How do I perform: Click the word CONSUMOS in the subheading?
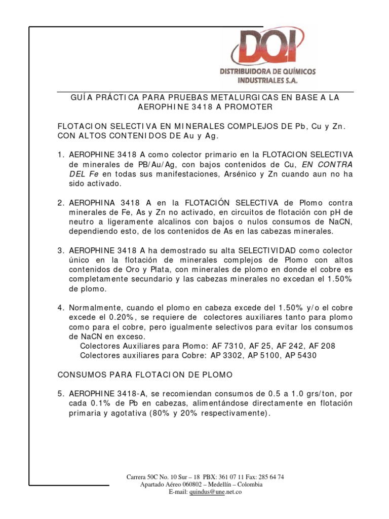click(x=80, y=375)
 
